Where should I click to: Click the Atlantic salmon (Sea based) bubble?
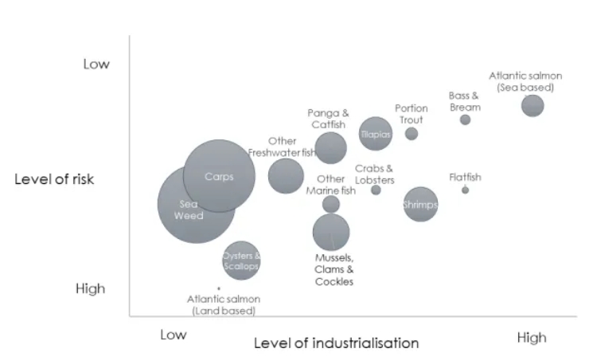pyautogui.click(x=533, y=105)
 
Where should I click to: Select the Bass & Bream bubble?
pyautogui.click(x=465, y=119)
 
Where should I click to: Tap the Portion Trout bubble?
pyautogui.click(x=412, y=134)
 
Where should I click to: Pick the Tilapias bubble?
pyautogui.click(x=376, y=135)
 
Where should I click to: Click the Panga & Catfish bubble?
pyautogui.click(x=331, y=147)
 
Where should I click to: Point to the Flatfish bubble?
pyautogui.click(x=465, y=190)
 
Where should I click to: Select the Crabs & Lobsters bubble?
pyautogui.click(x=376, y=190)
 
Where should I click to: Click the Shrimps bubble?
pyautogui.click(x=420, y=204)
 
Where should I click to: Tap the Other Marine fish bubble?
pyautogui.click(x=331, y=204)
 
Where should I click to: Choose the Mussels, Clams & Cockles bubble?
pyautogui.click(x=331, y=232)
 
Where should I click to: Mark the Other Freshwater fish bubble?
pyautogui.click(x=286, y=176)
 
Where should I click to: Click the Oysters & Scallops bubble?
pyautogui.click(x=241, y=260)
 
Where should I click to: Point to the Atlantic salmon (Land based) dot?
pyautogui.click(x=218, y=288)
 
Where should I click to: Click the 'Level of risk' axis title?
pyautogui.click(x=54, y=179)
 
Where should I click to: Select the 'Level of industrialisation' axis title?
pyautogui.click(x=336, y=343)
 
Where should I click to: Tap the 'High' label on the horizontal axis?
pyautogui.click(x=532, y=337)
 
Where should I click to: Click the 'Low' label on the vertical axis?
pyautogui.click(x=96, y=64)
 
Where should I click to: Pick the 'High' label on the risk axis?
pyautogui.click(x=90, y=288)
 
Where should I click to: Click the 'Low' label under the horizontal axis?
pyautogui.click(x=173, y=335)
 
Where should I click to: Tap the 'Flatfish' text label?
pyautogui.click(x=465, y=177)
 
